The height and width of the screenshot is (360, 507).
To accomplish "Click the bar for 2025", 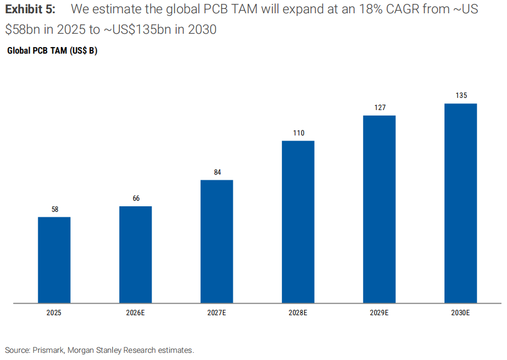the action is (x=54, y=260).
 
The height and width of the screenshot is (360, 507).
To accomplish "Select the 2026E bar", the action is (x=135, y=254).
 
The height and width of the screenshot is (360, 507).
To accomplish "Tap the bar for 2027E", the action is (x=217, y=242).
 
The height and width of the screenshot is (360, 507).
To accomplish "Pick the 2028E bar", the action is (x=298, y=222).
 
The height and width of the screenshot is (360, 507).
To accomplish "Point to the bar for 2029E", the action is (x=379, y=209).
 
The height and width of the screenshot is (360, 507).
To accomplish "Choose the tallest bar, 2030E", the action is (x=461, y=204).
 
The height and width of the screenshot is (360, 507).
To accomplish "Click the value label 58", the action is (x=55, y=209).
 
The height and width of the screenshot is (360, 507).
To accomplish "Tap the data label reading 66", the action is (x=136, y=199).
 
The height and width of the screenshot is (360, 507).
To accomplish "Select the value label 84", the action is (x=217, y=172).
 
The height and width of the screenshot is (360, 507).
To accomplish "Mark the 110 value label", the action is (x=299, y=133).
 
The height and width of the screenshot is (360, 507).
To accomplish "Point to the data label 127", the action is (x=380, y=107).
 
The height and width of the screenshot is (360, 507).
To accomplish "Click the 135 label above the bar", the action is (x=462, y=96).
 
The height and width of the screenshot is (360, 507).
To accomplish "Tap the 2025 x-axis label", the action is (x=54, y=313).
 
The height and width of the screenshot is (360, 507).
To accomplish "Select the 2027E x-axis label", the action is (x=217, y=313).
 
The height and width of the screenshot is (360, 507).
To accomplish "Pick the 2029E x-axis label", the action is (x=379, y=313).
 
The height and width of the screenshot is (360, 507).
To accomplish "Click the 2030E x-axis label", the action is (x=461, y=313).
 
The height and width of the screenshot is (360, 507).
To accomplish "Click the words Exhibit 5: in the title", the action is (x=30, y=9).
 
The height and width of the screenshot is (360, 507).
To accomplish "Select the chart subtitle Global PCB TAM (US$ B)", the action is (x=52, y=51).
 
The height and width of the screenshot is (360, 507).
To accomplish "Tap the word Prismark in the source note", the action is (x=49, y=350).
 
